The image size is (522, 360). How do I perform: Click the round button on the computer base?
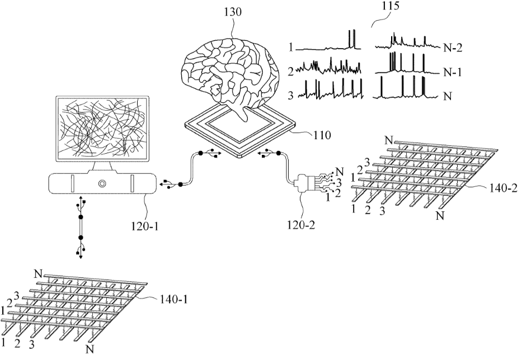pos(102,183)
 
